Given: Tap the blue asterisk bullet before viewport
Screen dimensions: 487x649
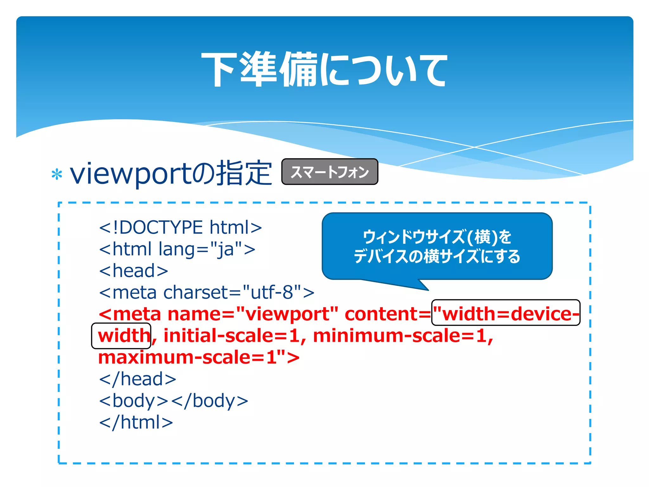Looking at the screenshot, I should [x=57, y=174].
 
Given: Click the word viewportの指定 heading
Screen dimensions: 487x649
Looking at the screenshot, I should [x=170, y=173].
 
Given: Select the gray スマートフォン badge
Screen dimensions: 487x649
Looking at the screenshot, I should [x=330, y=172].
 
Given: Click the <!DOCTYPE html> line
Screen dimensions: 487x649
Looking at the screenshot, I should [x=180, y=227].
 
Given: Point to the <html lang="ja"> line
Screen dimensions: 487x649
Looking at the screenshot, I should [x=177, y=249].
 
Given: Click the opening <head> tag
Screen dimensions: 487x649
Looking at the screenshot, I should [x=133, y=271].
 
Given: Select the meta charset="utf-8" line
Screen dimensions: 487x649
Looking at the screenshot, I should [x=207, y=292].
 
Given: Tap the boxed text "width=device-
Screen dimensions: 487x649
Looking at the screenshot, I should [x=506, y=313].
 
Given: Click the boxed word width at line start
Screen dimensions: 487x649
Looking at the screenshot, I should [x=121, y=335].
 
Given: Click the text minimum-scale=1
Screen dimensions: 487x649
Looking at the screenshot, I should [x=400, y=335].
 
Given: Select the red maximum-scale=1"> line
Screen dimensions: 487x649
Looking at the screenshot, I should [x=199, y=357].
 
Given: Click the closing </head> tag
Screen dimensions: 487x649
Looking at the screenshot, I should [x=138, y=379].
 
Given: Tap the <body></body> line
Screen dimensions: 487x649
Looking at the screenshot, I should [x=173, y=401].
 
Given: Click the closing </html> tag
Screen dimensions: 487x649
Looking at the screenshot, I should [x=136, y=422].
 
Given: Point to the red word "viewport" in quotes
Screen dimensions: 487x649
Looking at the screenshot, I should [x=287, y=314].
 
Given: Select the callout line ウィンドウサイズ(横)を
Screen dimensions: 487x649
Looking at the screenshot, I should [x=437, y=237].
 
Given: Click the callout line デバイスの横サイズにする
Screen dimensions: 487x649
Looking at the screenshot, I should [x=437, y=256].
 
